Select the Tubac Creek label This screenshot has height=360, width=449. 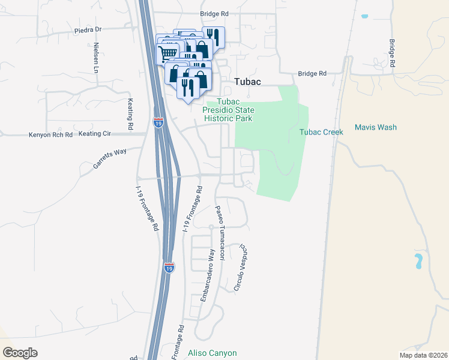[321, 131]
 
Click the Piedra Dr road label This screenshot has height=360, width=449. [89, 30]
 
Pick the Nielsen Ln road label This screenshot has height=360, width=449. [95, 57]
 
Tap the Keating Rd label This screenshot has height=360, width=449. [130, 114]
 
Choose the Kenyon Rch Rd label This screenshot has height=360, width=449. [50, 135]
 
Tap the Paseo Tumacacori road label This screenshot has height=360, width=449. [220, 234]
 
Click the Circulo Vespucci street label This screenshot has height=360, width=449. [240, 268]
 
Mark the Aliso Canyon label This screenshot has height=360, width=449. [212, 353]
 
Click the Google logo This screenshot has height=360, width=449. [20, 353]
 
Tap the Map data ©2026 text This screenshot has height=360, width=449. [423, 355]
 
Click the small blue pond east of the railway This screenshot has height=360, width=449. [418, 261]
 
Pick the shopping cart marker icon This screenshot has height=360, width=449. [169, 53]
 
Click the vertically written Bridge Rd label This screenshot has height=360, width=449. [391, 53]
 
